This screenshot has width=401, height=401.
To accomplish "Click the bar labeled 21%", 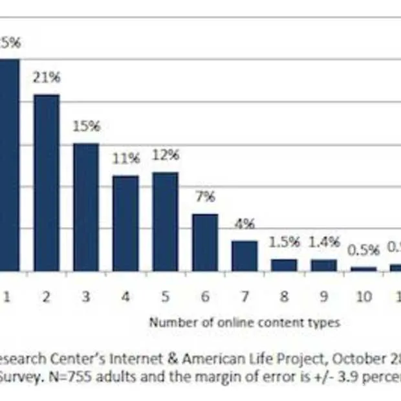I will [47, 182].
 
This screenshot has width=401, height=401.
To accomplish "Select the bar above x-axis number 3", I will [86, 207].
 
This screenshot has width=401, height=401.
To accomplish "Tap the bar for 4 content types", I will [125, 223].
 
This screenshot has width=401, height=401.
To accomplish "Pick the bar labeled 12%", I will [165, 221].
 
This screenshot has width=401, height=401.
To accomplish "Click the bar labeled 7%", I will [205, 242].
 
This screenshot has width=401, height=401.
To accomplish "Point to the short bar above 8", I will [284, 265].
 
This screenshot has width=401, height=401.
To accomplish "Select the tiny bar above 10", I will [363, 268].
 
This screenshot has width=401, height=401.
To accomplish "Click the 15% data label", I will [87, 126].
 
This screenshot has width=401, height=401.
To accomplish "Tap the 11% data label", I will [126, 158].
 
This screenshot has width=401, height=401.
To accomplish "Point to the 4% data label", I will [244, 224].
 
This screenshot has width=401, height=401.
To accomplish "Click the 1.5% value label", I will [285, 242].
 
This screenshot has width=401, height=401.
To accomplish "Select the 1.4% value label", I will [324, 242].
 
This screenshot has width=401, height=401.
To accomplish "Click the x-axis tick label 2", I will [47, 296].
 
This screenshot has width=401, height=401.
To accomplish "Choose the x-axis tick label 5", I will [166, 296].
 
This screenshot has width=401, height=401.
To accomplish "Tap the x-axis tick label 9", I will [324, 296].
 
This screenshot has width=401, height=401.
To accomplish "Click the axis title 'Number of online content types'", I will [244, 322].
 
